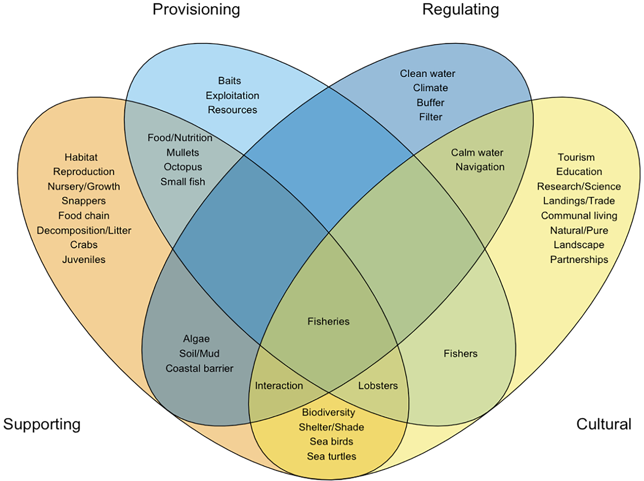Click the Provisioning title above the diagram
[x=196, y=9]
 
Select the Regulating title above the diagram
[x=460, y=9]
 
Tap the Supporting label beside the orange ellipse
[x=42, y=424]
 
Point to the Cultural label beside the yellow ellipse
[x=604, y=424]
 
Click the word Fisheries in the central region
[x=328, y=321]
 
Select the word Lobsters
[x=378, y=386]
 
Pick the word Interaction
[x=279, y=386]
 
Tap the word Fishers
[x=460, y=354]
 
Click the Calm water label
[x=477, y=152]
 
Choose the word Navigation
[x=480, y=167]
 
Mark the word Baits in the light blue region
[x=229, y=81]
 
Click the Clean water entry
[x=427, y=73]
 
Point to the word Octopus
[x=183, y=167]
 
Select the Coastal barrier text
[x=199, y=368]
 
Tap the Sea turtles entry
[x=331, y=456]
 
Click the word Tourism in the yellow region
[x=576, y=157]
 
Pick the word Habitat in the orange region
[x=81, y=157]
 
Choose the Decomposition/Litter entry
[x=84, y=231]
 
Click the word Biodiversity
[x=328, y=412]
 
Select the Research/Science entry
[x=579, y=186]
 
